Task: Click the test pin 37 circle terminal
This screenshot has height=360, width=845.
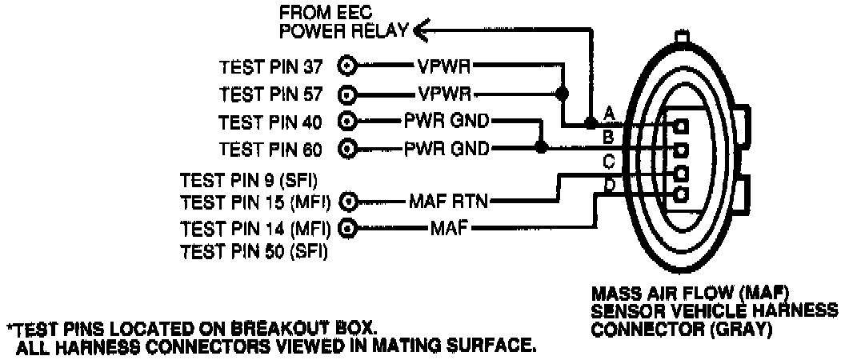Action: pyautogui.click(x=348, y=66)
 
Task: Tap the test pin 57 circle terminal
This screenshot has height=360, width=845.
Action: pyautogui.click(x=348, y=93)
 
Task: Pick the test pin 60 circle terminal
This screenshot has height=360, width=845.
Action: pyautogui.click(x=348, y=148)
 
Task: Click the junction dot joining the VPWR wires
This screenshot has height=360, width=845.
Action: pyautogui.click(x=563, y=94)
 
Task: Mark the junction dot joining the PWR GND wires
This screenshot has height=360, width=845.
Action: pyautogui.click(x=541, y=148)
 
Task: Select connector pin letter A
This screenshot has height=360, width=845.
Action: pyautogui.click(x=609, y=111)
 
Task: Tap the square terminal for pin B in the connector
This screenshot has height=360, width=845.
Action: pyautogui.click(x=682, y=150)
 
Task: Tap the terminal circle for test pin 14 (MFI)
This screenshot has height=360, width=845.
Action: pyautogui.click(x=348, y=228)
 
